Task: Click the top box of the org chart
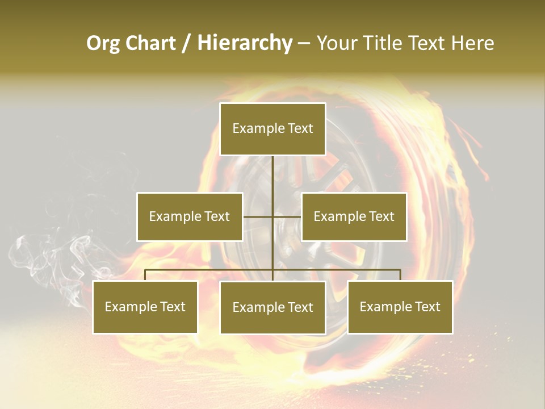point(272,129)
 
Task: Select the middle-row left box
point(190,216)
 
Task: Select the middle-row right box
point(354,216)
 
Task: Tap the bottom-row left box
point(145,307)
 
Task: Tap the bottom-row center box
point(272,307)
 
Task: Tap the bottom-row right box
point(400,307)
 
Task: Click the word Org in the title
point(103,43)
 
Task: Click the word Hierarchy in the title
point(244,43)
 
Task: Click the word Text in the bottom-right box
point(427,307)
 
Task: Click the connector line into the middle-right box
point(288,216)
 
